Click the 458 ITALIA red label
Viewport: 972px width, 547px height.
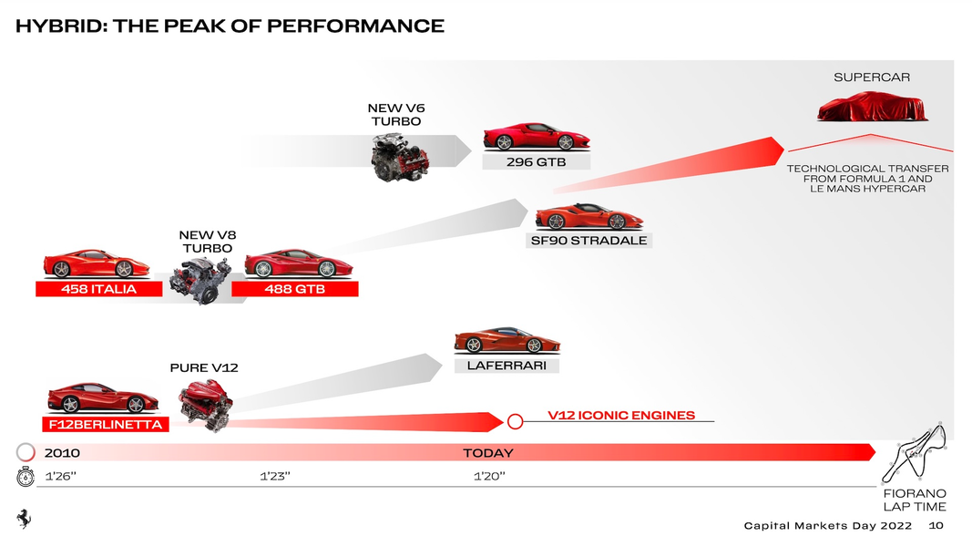coord(98,289)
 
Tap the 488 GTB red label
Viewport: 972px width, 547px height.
coord(295,289)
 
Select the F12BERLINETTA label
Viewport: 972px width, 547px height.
coord(105,425)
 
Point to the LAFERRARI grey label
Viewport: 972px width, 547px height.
coord(506,365)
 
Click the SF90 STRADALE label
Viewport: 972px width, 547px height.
coord(588,241)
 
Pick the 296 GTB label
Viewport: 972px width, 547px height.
coord(537,161)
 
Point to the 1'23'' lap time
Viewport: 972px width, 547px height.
coord(274,476)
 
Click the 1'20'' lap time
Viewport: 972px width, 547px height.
coord(489,476)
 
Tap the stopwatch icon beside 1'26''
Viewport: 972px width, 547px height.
coord(26,476)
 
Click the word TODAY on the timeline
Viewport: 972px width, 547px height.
coord(488,452)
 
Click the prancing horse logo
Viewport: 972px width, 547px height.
coord(24,518)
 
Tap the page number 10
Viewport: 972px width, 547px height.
coord(936,526)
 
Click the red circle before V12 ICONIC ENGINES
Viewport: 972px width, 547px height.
coord(515,421)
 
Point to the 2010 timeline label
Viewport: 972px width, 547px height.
coord(62,452)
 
